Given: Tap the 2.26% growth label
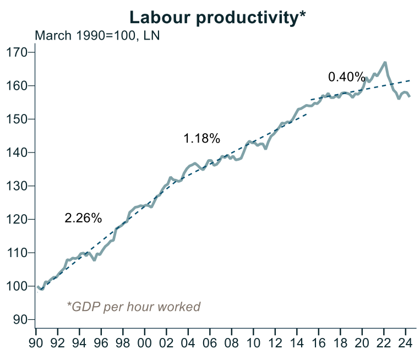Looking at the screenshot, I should tap(83, 218).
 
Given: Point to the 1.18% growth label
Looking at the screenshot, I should tap(202, 139).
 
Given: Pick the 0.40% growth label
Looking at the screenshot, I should tap(346, 77).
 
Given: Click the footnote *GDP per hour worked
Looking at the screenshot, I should tap(133, 307).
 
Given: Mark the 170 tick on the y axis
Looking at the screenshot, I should tap(20, 53).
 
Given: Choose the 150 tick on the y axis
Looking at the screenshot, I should tap(20, 119).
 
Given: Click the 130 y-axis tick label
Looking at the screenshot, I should tap(20, 186).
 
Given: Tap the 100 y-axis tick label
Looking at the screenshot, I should tap(20, 286).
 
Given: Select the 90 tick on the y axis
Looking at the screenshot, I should tap(24, 320).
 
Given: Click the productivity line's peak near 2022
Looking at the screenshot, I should tap(384, 62).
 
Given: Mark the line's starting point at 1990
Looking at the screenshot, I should tap(37, 286).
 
